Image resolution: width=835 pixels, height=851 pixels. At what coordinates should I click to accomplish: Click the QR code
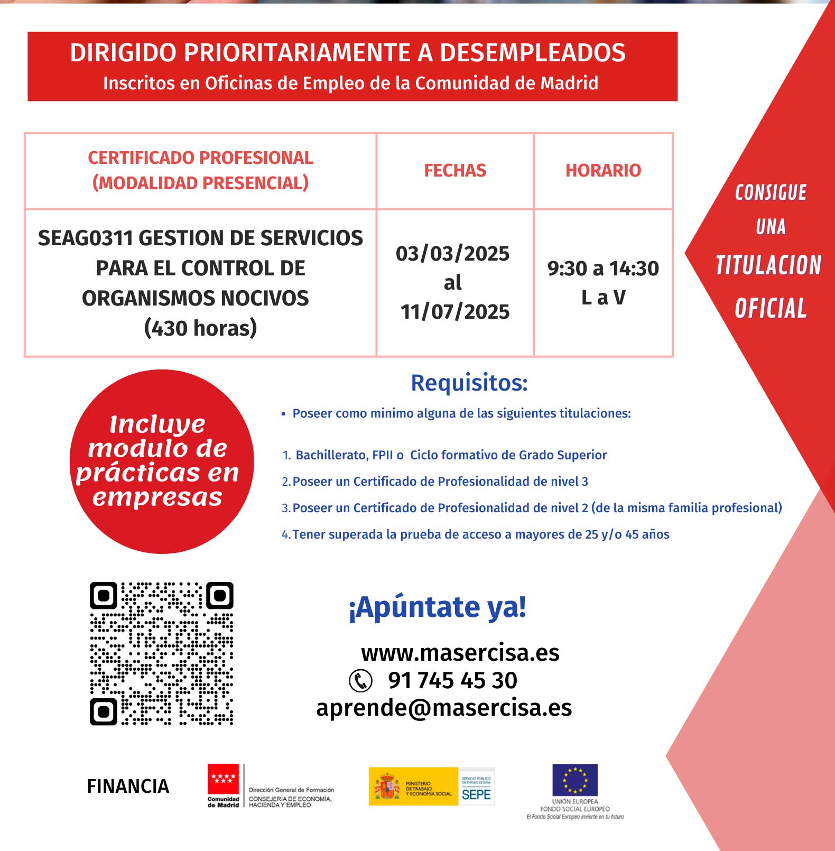[x=162, y=653]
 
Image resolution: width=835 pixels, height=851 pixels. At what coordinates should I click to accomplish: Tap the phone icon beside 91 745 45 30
[x=361, y=681]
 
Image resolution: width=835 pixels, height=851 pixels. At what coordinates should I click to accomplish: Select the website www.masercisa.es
[x=460, y=653]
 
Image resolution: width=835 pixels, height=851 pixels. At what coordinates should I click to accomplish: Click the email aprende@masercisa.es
[x=444, y=708]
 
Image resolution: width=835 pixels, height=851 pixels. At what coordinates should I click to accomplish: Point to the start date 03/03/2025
[x=453, y=254]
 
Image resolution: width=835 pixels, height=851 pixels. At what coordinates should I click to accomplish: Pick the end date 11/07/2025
[x=455, y=312]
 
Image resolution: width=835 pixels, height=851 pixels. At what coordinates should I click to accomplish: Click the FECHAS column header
[x=455, y=170]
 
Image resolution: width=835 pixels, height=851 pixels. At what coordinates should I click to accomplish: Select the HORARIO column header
[x=603, y=170]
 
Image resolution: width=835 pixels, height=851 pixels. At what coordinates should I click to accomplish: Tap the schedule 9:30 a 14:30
[x=603, y=269]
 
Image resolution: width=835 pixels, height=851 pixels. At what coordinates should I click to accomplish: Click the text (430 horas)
[x=201, y=328]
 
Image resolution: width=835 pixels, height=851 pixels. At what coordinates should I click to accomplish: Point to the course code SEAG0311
[x=85, y=238]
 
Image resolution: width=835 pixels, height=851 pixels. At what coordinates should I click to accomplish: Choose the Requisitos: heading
[x=469, y=383]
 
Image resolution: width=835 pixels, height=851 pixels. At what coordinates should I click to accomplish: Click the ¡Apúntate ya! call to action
[x=437, y=607]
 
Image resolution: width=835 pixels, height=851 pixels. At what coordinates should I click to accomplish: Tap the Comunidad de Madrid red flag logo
[x=223, y=780]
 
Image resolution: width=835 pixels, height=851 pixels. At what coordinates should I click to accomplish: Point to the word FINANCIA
[x=128, y=787]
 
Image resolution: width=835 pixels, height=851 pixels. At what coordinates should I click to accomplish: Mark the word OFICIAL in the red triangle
[x=771, y=309]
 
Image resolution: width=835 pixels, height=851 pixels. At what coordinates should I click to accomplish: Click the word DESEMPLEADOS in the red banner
[x=533, y=53]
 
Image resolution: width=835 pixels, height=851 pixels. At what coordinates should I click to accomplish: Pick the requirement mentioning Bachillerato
[x=451, y=455]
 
